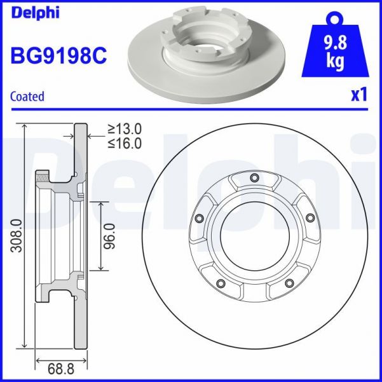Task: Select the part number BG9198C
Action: pyautogui.click(x=58, y=55)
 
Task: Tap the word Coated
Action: pyautogui.click(x=27, y=97)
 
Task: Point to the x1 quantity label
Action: pyautogui.click(x=359, y=95)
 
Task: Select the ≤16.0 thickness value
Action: pyautogui.click(x=124, y=143)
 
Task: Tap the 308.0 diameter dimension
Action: pyautogui.click(x=17, y=235)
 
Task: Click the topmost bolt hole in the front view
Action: pyautogui.click(x=254, y=177)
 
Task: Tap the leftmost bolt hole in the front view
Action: pyautogui.click(x=198, y=219)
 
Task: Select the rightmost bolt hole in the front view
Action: pyautogui.click(x=310, y=219)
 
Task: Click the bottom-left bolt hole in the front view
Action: pyautogui.click(x=220, y=283)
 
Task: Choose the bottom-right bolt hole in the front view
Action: pyautogui.click(x=289, y=283)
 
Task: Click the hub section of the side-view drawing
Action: pyautogui.click(x=57, y=235)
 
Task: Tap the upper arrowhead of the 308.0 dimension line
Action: pyautogui.click(x=25, y=126)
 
